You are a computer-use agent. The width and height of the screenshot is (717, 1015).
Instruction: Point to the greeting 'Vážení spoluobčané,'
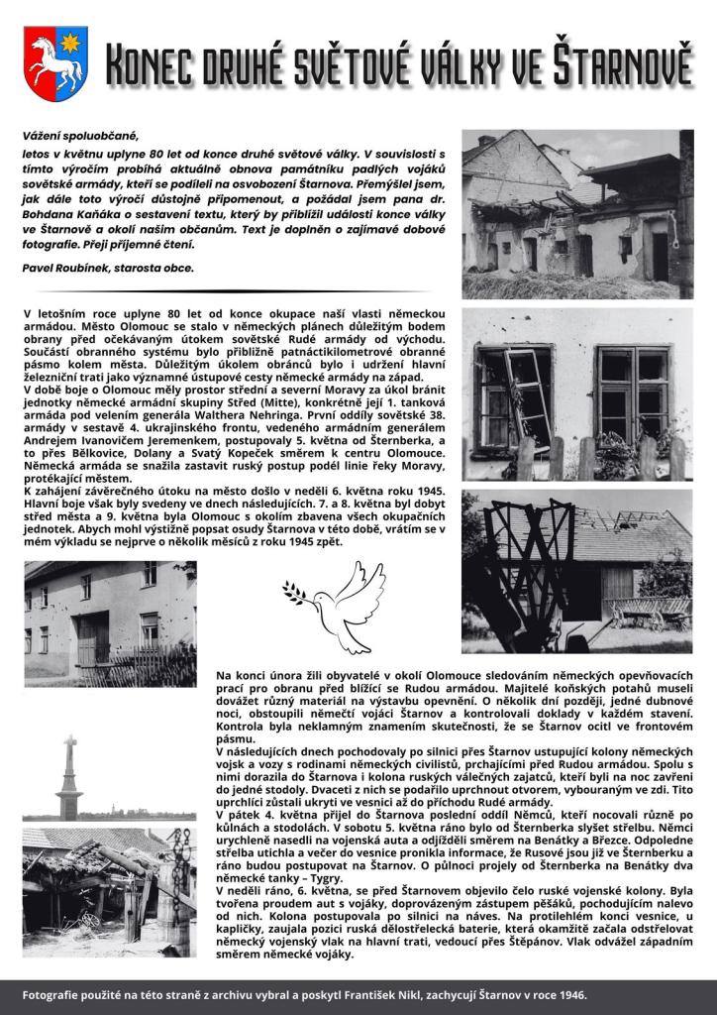pos(81,135)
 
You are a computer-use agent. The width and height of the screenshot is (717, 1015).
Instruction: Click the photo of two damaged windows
pos(577,394)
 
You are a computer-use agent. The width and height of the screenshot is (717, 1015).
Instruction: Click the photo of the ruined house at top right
pos(577,214)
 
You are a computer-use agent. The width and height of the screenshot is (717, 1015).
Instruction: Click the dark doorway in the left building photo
pos(94,639)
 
